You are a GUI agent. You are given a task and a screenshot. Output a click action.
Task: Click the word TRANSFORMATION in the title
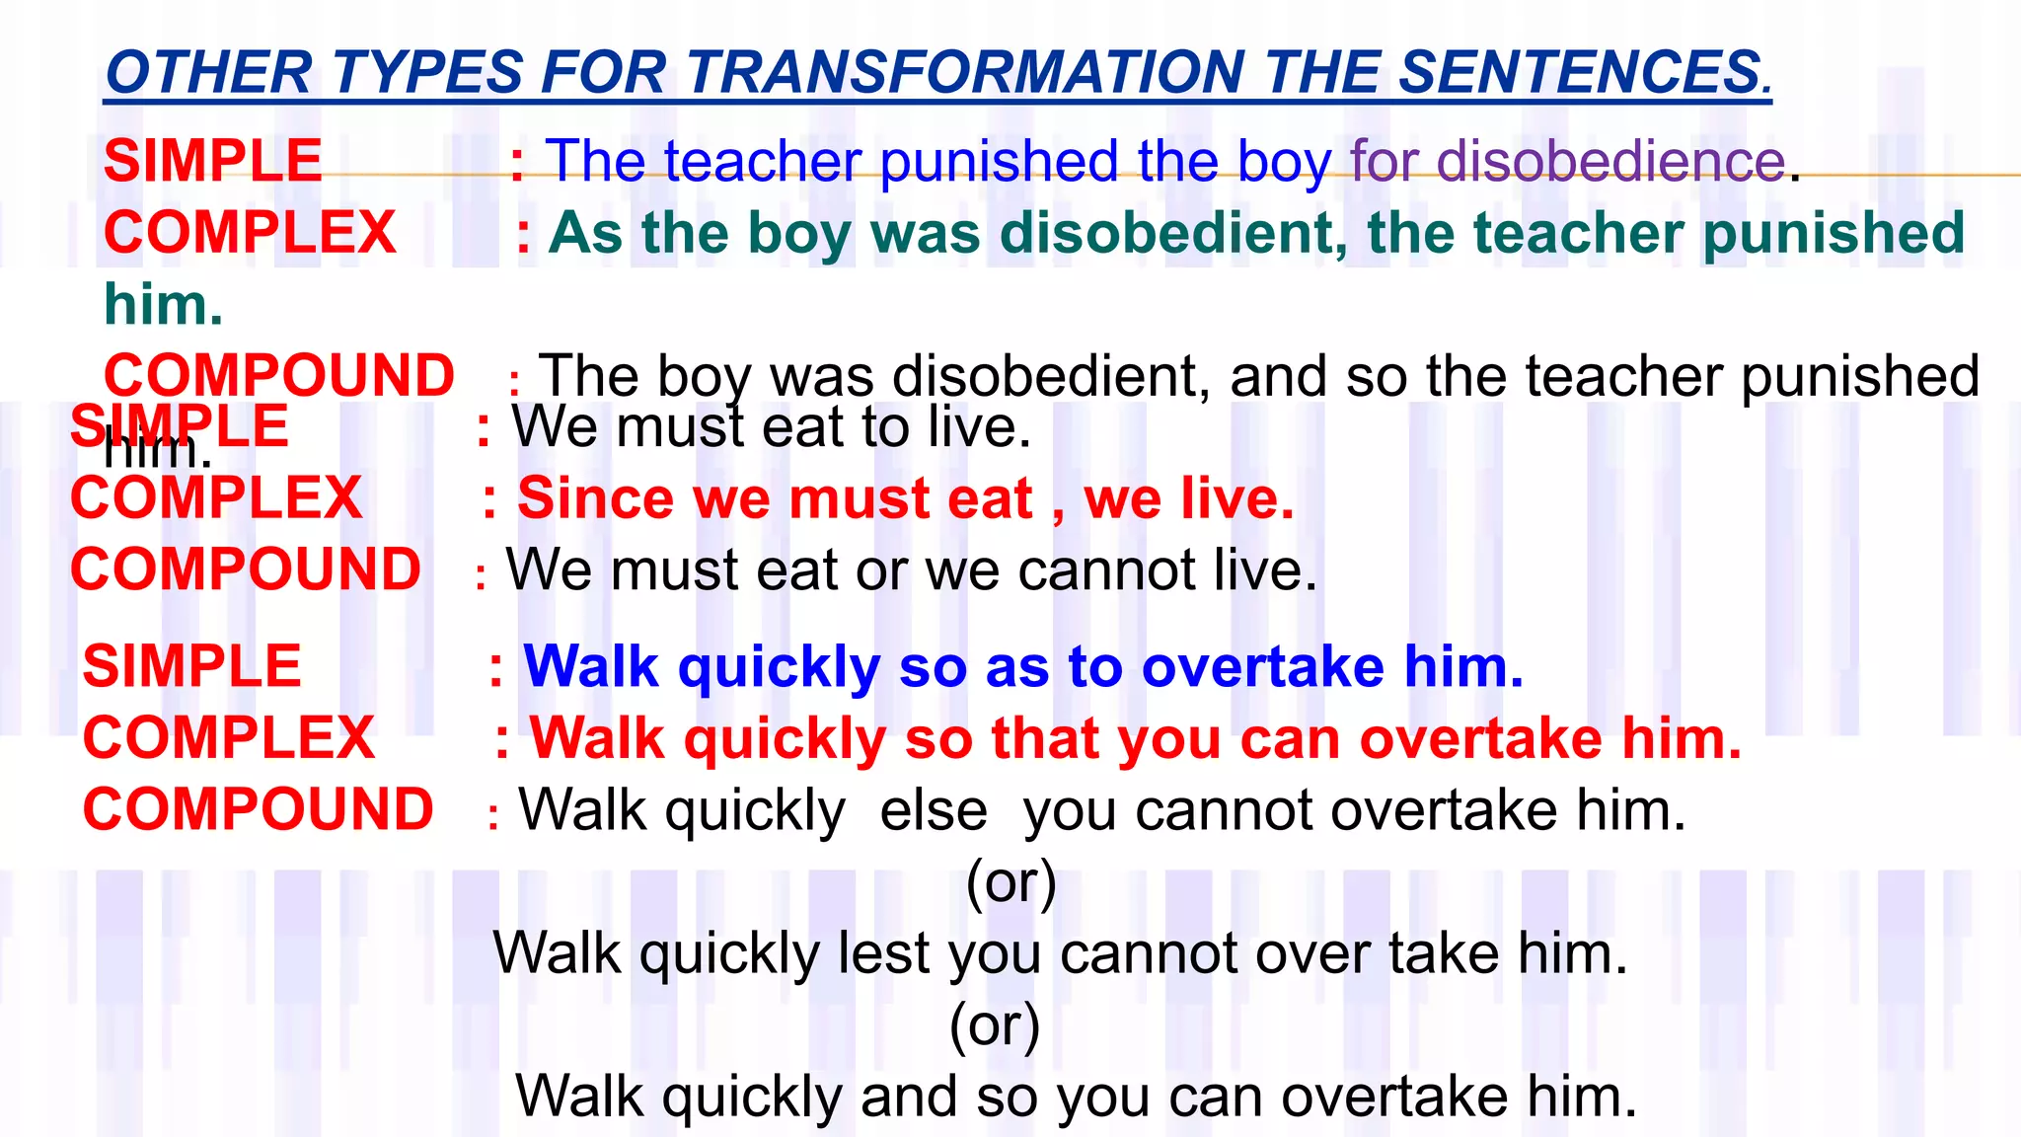[965, 73]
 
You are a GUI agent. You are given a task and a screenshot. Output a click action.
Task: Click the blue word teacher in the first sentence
[763, 161]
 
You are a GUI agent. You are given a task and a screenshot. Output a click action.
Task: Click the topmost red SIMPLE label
[213, 161]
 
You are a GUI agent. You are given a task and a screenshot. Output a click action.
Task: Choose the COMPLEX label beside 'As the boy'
[250, 233]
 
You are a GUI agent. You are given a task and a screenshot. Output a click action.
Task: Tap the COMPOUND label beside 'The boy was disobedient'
[279, 376]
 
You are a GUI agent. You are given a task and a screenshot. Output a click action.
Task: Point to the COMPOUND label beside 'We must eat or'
[246, 569]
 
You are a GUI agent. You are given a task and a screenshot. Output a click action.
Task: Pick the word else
[934, 810]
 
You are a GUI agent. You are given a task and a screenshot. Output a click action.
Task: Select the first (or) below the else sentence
[1011, 881]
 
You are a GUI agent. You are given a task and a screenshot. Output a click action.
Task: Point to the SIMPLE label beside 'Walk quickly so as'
[191, 666]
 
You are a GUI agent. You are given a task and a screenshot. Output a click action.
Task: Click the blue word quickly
[779, 668]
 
